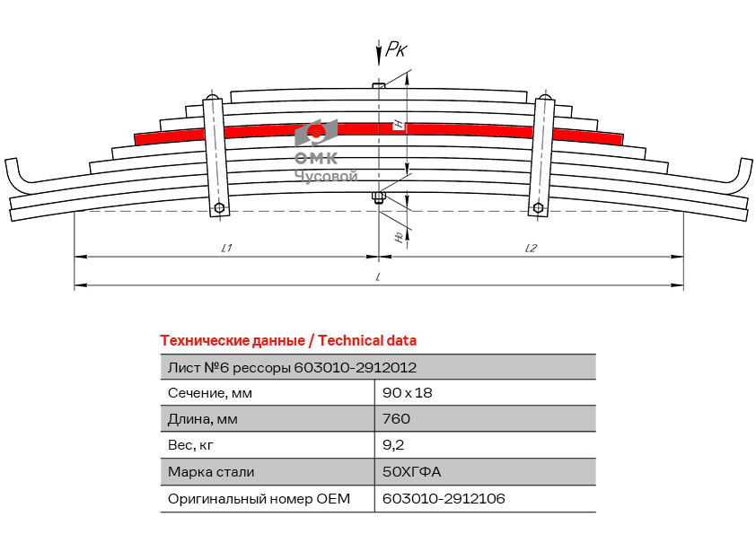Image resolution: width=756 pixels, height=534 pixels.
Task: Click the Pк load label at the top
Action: point(396,49)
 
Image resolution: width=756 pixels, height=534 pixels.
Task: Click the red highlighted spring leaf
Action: point(379,130)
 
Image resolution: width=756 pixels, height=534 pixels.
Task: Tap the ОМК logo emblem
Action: point(316,132)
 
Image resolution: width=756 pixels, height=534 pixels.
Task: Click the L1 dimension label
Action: point(226,248)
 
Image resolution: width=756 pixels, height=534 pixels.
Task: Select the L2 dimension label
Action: point(531,248)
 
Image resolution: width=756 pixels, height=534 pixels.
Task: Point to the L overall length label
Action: point(379,276)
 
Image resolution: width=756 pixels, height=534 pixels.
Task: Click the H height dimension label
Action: point(399,125)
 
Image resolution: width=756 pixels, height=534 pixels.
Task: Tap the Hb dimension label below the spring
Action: point(399,237)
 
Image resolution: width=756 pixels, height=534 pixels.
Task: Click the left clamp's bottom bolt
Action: point(219,208)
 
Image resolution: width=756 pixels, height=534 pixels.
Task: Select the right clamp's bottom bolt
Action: point(538,208)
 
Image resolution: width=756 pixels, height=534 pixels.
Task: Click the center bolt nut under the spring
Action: point(379,197)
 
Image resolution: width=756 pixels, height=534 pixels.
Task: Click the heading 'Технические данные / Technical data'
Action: point(288,341)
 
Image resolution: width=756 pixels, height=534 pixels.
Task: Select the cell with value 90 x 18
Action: point(408,393)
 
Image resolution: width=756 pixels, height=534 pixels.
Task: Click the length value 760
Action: point(396,418)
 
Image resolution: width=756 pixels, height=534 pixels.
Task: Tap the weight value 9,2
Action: point(393,445)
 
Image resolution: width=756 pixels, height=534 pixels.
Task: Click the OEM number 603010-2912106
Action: point(444,498)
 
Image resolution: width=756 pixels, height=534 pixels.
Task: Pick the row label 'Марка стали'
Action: point(211,472)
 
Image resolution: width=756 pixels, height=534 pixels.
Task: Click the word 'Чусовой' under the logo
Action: point(326,176)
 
